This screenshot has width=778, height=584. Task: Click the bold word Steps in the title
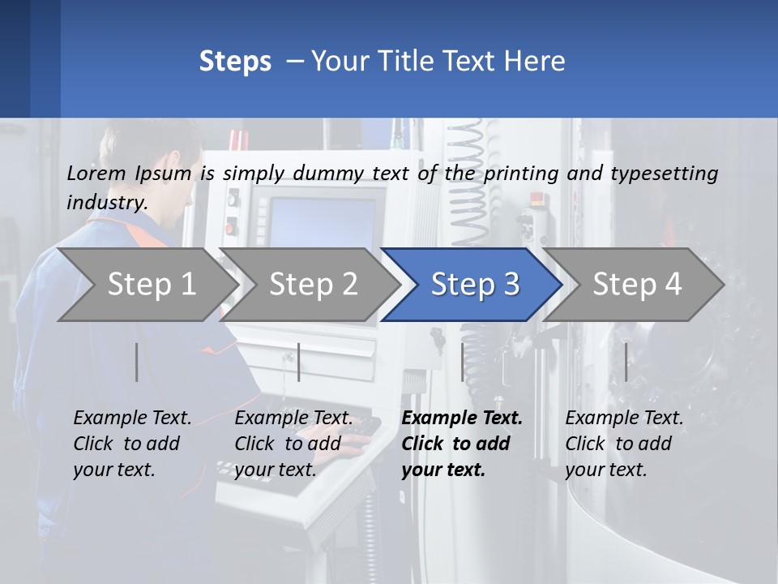pos(235,61)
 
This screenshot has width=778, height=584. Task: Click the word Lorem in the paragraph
pos(96,173)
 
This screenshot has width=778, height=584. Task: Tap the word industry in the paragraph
pos(106,202)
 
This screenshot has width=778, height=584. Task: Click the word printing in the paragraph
pos(522,173)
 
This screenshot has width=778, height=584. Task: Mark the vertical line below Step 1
pos(137,362)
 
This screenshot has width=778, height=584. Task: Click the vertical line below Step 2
pos(299,362)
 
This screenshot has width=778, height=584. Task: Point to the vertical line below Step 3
pos(463,362)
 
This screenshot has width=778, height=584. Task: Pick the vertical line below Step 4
pos(626,362)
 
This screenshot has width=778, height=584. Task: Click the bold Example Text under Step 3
pos(462,419)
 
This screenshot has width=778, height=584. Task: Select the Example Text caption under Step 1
pos(132,419)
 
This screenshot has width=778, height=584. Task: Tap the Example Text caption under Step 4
pos(624,419)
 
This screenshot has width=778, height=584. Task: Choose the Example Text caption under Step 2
pos(293,419)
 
